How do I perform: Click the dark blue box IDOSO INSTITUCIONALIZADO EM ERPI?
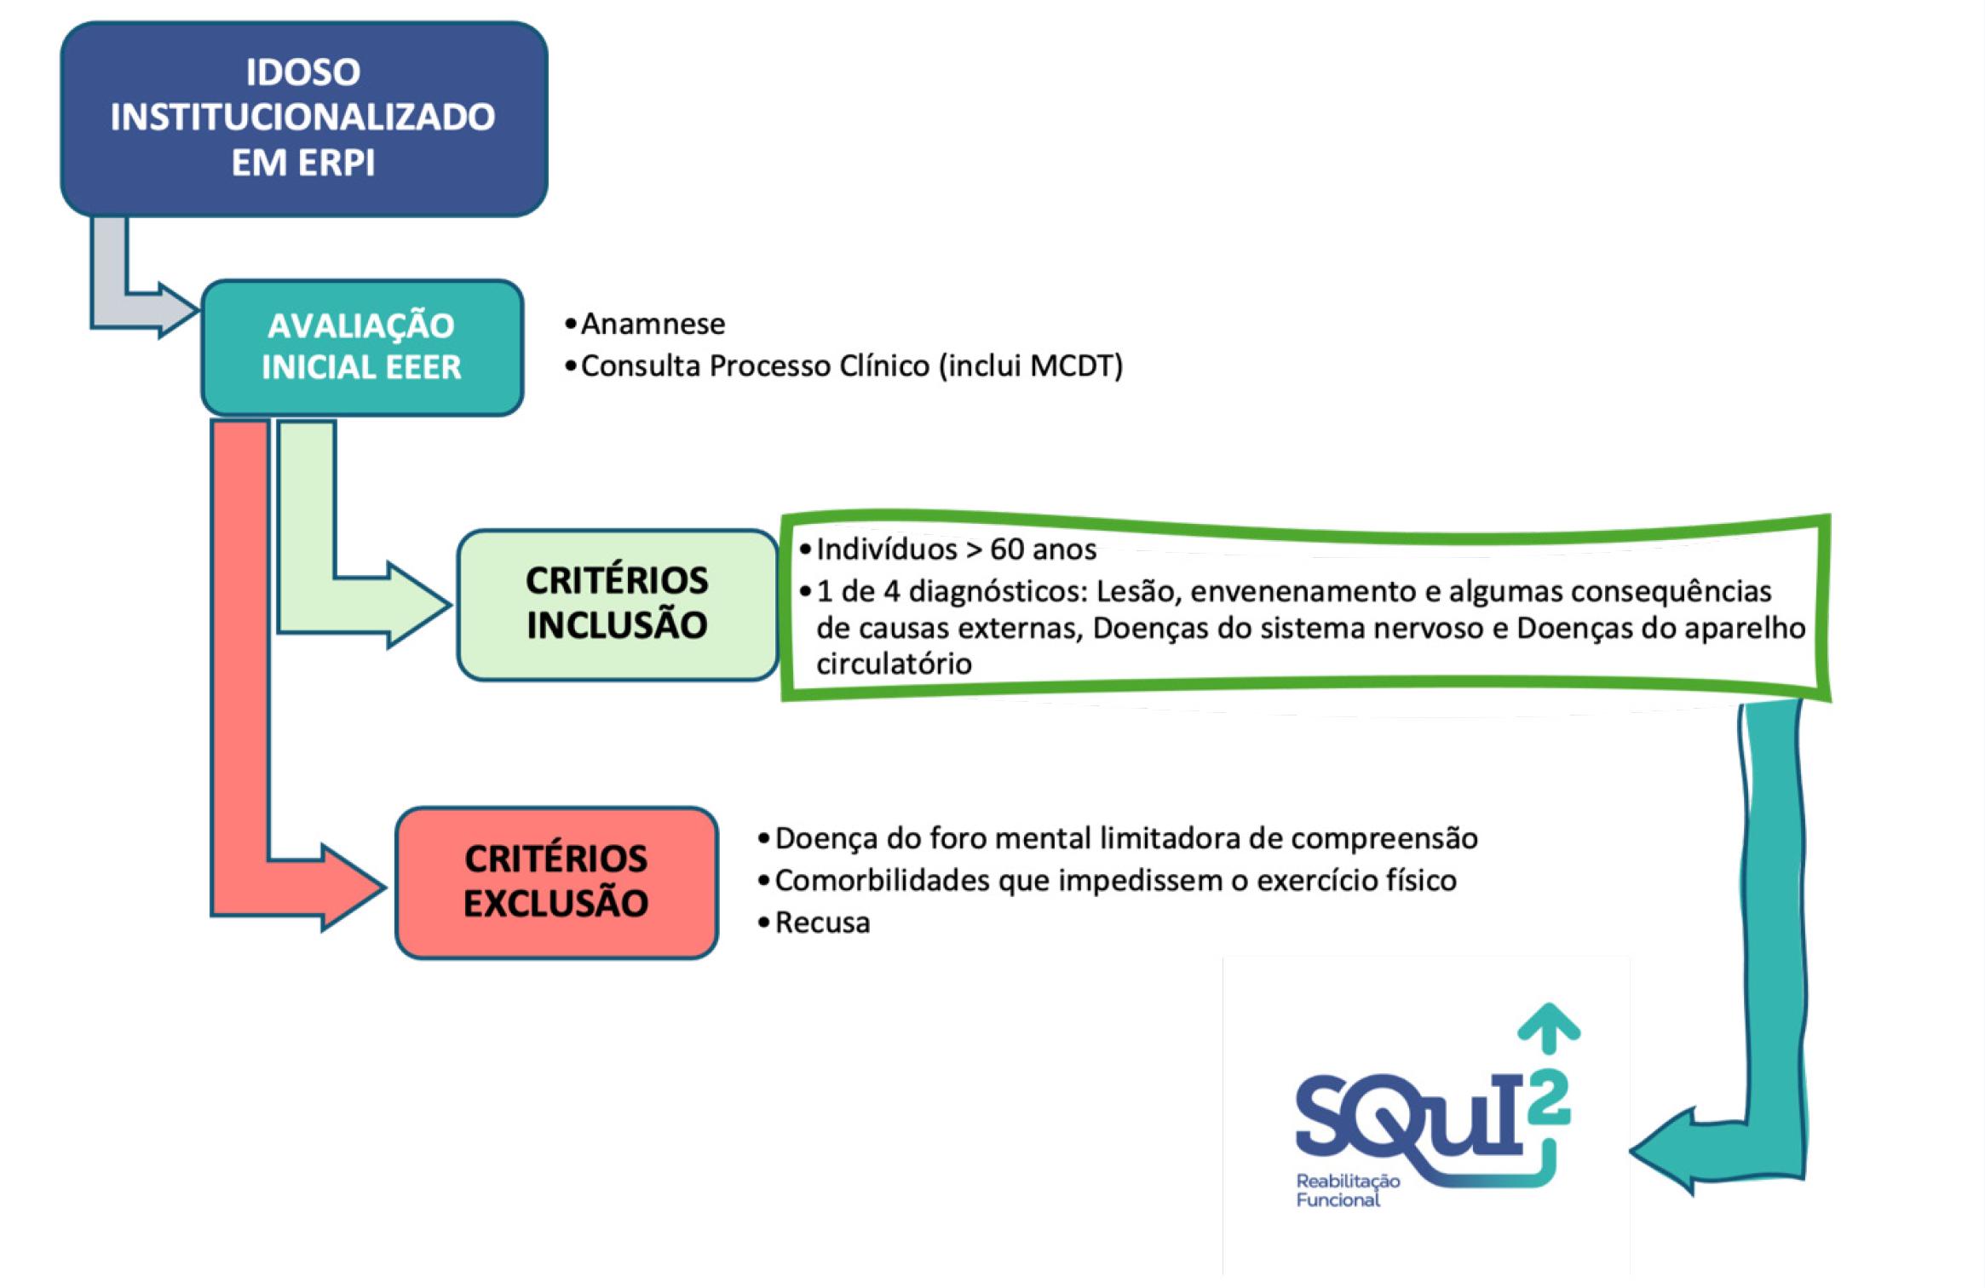[303, 118]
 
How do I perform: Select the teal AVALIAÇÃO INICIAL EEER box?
[361, 347]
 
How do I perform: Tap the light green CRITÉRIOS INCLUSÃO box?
[617, 604]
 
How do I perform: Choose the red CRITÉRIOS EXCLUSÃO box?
[555, 882]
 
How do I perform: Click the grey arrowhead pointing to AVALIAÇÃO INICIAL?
[175, 310]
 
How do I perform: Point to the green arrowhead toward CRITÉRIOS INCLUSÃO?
[417, 605]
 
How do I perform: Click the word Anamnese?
[653, 324]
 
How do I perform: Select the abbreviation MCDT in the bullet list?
[1070, 366]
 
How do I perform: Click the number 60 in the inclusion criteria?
[1006, 549]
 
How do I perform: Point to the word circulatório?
[894, 664]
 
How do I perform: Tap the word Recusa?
[822, 923]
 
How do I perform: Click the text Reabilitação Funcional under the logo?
[1347, 1190]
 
